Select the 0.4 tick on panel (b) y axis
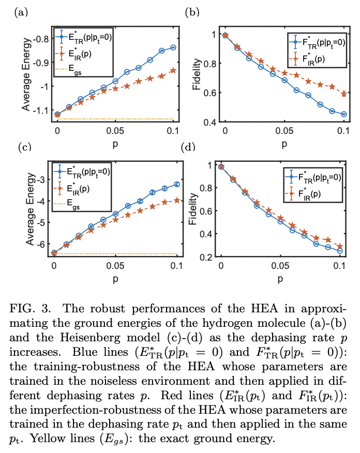[x=211, y=122]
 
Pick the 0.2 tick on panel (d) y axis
[x=206, y=256]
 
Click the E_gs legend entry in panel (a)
[x=74, y=73]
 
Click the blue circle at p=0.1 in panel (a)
[x=173, y=48]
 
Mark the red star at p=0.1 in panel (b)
[x=344, y=94]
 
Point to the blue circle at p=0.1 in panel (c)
[x=177, y=184]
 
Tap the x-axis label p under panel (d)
[x=280, y=280]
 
